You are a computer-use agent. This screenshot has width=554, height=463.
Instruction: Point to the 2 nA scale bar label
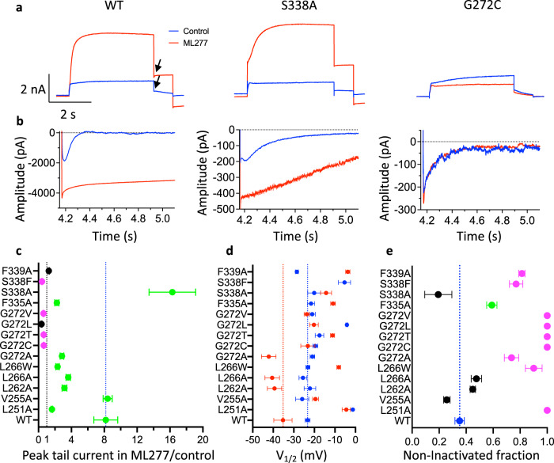point(29,86)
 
